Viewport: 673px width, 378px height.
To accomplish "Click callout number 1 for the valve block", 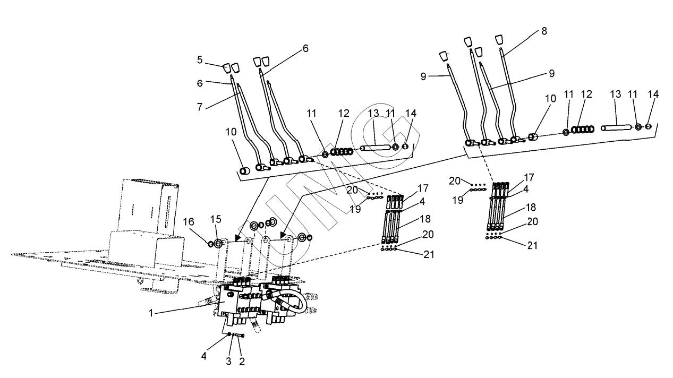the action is [151, 313].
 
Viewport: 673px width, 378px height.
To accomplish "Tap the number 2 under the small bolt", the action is [242, 362].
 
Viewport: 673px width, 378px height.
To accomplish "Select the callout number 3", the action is [228, 362].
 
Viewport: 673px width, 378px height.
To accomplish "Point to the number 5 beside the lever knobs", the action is [200, 60].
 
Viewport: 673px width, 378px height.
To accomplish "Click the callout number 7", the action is [200, 107].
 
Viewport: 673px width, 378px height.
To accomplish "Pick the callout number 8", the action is [544, 31].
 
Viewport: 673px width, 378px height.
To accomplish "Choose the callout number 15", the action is [216, 219].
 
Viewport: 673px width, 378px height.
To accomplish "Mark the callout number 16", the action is [189, 222].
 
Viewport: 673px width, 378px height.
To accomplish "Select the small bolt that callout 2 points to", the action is [240, 335].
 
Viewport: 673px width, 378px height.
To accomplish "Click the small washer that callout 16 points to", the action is [211, 244].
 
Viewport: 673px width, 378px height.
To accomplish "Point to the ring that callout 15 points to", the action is [218, 244].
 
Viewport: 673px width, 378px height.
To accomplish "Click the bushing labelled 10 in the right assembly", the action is [533, 137].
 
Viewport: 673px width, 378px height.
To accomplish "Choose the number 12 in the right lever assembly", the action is [586, 94].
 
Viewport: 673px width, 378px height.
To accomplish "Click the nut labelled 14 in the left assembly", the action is [405, 147].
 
